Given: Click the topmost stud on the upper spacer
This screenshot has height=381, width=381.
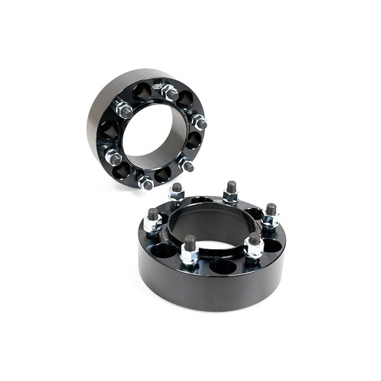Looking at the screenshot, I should pos(169,92).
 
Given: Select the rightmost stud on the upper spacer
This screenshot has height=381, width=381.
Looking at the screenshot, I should pos(200,122).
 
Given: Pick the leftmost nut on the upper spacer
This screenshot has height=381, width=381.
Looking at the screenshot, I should pos(114,158).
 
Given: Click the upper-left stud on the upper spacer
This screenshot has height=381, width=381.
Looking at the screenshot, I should pos(124,110).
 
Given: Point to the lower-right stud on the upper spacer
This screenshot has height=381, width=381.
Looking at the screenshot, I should pos(185,164).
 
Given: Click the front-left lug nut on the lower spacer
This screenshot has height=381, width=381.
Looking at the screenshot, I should pos(190,248).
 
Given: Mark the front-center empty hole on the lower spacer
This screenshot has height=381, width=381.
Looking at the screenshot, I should pos(223,266).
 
